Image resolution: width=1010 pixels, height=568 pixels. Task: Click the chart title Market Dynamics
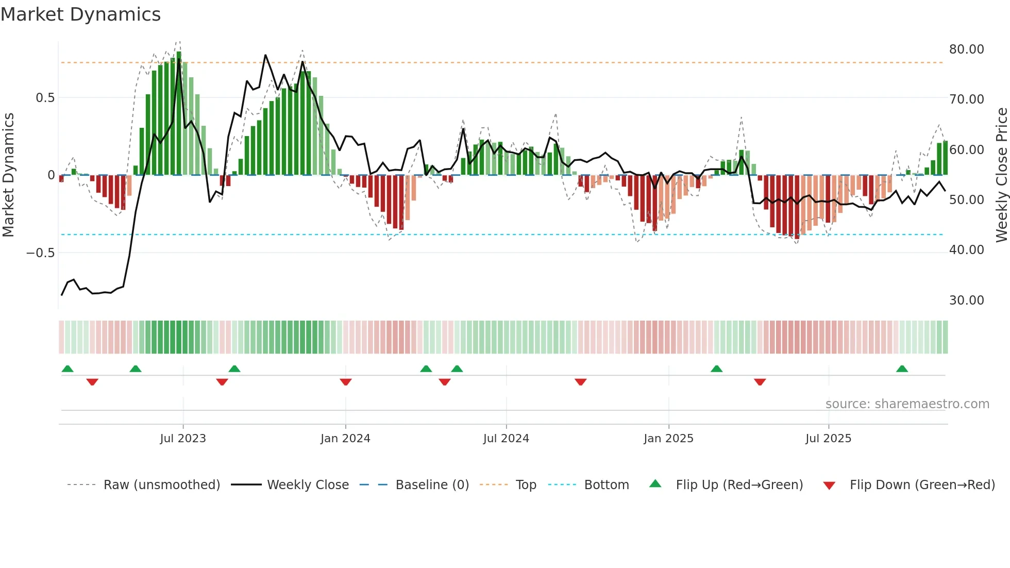pyautogui.click(x=80, y=14)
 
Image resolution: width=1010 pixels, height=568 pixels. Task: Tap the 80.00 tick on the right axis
pyautogui.click(x=966, y=49)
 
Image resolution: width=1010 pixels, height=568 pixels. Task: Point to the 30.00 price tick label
pyautogui.click(x=966, y=300)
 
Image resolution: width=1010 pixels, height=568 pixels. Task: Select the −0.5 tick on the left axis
pyautogui.click(x=40, y=253)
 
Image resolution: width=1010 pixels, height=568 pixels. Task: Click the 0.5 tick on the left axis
pyautogui.click(x=45, y=98)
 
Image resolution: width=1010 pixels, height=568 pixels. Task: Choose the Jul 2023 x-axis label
pyautogui.click(x=183, y=439)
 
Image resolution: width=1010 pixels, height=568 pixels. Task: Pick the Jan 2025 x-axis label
pyautogui.click(x=668, y=439)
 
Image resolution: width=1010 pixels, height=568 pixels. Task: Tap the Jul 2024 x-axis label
pyautogui.click(x=506, y=439)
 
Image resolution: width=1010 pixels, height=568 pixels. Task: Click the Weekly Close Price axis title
pyautogui.click(x=1001, y=175)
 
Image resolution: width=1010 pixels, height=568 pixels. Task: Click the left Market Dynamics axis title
pyautogui.click(x=8, y=175)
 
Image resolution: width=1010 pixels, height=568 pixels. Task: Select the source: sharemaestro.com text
pyautogui.click(x=907, y=404)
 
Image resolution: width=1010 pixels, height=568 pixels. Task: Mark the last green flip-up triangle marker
pyautogui.click(x=902, y=369)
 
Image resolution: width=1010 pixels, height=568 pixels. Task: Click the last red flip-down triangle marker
pyautogui.click(x=760, y=382)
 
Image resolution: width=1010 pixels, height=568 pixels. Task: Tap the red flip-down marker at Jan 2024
pyautogui.click(x=346, y=382)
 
